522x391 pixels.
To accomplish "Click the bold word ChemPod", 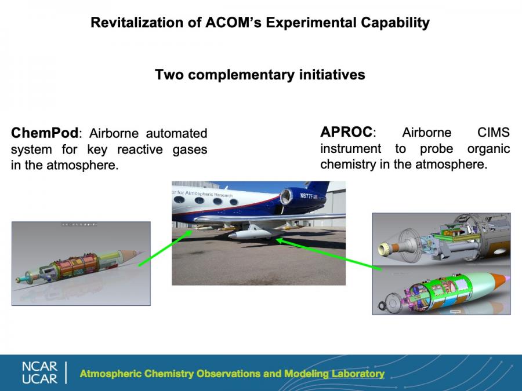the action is pyautogui.click(x=45, y=133).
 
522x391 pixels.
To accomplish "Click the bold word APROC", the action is pyautogui.click(x=346, y=132).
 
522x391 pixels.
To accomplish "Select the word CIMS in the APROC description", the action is pyautogui.click(x=494, y=132).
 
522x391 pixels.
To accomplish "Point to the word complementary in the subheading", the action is pyautogui.click(x=241, y=75).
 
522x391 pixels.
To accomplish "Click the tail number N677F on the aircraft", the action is pyautogui.click(x=306, y=196).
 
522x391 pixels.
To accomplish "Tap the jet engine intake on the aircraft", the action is pyautogui.click(x=285, y=196).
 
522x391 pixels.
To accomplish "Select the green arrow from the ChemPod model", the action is pyautogui.click(x=165, y=249).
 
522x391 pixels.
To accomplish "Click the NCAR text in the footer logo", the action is pyautogui.click(x=39, y=367).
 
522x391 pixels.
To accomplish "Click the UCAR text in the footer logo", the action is pyautogui.click(x=39, y=379).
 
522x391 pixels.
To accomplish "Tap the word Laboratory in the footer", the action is pyautogui.click(x=358, y=374).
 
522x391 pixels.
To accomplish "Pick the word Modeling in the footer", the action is pyautogui.click(x=306, y=374).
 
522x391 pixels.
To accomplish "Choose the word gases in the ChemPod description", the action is pyautogui.click(x=190, y=149).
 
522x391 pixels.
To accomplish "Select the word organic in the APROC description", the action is pyautogui.click(x=488, y=149).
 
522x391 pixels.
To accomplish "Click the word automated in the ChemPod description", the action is pyautogui.click(x=176, y=133).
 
